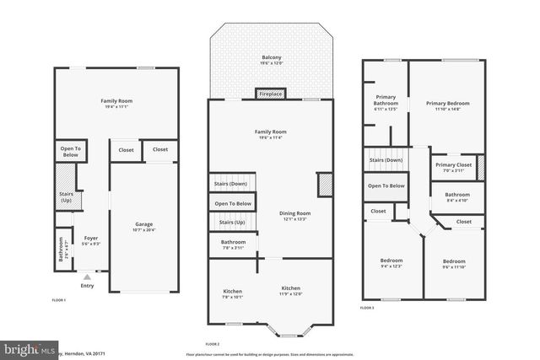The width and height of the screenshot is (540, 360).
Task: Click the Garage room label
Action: click(144, 223)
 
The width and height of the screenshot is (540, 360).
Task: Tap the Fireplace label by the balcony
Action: click(271, 94)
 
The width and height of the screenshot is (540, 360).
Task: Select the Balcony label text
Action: click(271, 58)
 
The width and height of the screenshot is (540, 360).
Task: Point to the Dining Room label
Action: click(295, 212)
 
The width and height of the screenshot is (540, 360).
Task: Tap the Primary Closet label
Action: click(453, 165)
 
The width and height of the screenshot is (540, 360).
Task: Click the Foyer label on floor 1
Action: click(91, 239)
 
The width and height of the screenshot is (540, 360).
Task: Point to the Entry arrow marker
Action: click(87, 275)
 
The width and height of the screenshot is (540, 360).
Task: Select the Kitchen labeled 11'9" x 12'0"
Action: click(290, 288)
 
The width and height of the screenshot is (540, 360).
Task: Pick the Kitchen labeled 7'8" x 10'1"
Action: click(232, 291)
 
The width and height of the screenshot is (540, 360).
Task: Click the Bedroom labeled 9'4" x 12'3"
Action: click(391, 261)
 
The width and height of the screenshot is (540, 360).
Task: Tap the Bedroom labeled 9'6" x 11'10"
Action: click(454, 261)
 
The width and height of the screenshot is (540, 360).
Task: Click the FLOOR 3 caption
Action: click(367, 309)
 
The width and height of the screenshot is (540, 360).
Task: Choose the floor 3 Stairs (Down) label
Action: click(386, 159)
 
